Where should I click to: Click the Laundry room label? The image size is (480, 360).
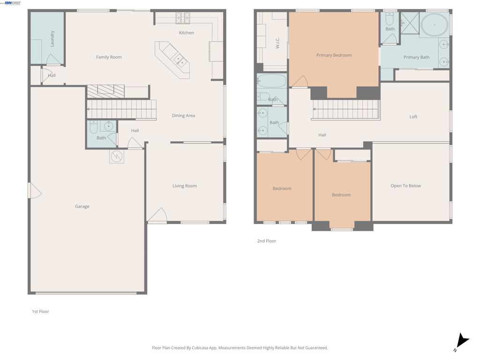click(x=52, y=38)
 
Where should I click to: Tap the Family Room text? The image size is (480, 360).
click(x=109, y=57)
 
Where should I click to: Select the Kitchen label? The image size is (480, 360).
click(x=186, y=33)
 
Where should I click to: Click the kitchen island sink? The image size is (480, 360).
click(x=180, y=60)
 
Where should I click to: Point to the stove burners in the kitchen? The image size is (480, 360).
click(x=183, y=18)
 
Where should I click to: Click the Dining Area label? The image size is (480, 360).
click(x=183, y=116)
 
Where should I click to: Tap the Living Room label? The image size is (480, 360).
click(x=185, y=186)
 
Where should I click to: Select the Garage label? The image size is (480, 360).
click(x=82, y=206)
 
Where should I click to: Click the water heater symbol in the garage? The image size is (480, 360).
click(x=116, y=156)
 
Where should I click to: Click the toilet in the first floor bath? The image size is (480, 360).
click(x=93, y=127)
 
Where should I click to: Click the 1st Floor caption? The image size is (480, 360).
click(x=40, y=312)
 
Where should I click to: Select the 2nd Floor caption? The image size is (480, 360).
click(x=266, y=241)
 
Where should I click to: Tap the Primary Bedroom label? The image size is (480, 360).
click(x=334, y=55)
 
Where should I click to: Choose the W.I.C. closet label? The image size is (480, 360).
click(x=277, y=44)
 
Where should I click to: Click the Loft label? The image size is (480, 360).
click(x=413, y=117)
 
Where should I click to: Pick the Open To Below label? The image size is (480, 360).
click(x=405, y=186)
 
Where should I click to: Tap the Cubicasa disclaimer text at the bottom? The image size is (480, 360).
click(x=240, y=348)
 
